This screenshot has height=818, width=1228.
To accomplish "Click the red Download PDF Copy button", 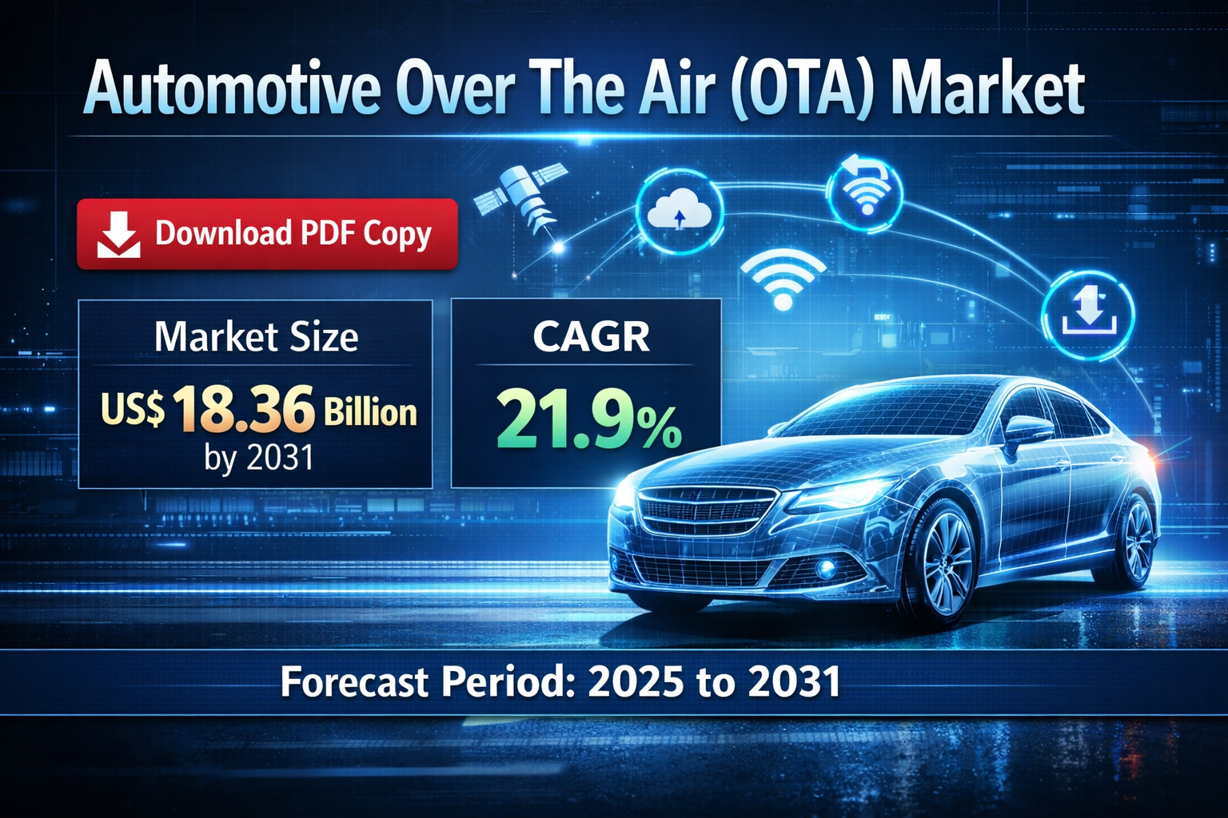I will click(267, 233).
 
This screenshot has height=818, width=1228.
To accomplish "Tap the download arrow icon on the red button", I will click(118, 234).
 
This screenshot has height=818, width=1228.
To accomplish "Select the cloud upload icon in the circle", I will click(680, 211).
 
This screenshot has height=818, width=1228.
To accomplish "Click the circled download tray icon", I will click(1088, 313).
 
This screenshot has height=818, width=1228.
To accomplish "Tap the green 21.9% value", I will click(589, 418).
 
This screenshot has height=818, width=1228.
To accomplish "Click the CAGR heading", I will click(591, 336).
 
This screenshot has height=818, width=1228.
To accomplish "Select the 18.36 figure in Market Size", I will click(243, 409).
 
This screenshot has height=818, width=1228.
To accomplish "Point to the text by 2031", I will click(258, 458).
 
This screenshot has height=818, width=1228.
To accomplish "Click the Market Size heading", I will click(256, 336).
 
